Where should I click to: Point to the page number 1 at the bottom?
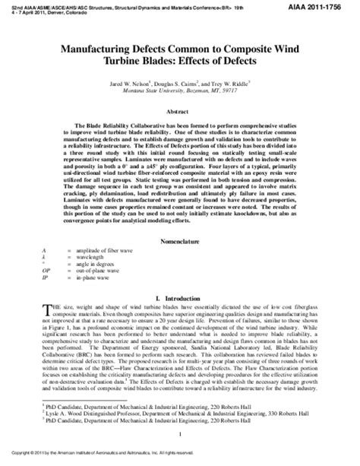[180, 433]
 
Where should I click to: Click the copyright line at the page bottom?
[137, 459]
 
